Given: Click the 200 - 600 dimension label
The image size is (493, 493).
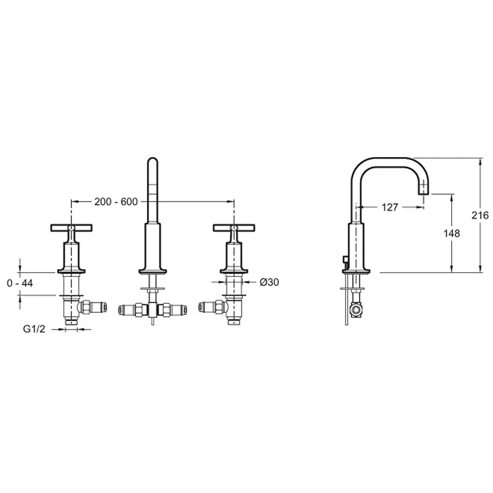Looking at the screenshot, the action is point(116,202).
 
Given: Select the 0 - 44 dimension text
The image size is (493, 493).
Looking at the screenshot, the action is point(20,283).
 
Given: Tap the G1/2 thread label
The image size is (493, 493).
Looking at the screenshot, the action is point(35,329).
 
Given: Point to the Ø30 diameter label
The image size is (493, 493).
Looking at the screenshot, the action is point(269,282).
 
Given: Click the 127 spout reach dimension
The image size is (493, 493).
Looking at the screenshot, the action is point(389,207).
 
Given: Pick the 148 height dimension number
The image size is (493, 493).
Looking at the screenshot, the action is point(452,234).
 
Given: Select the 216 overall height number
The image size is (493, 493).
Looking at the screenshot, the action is point(480,215).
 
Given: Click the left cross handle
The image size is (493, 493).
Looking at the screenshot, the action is point(71,227).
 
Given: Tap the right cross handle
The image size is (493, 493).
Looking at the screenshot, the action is point(234,227).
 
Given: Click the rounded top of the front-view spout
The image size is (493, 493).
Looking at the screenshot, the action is point(152,160).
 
